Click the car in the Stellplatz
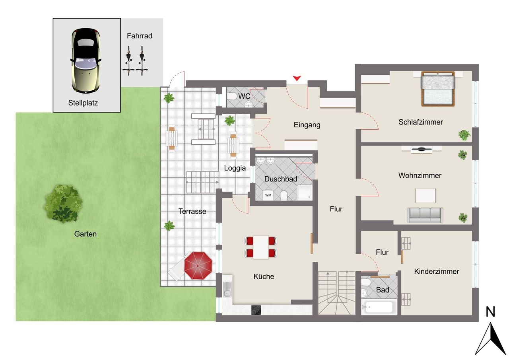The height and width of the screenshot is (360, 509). tap(85, 60)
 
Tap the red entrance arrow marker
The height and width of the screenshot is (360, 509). tap(297, 78)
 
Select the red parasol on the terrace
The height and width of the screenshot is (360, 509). tap(198, 265)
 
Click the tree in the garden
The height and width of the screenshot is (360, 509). tap(63, 203)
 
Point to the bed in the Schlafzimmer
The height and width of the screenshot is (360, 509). tap(438, 89)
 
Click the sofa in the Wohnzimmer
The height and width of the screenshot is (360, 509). tap(425, 215)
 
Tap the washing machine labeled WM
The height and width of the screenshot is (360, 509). tap(268, 195)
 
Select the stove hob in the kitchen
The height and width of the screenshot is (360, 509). tap(256, 310)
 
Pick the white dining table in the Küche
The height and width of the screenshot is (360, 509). tap(261, 247)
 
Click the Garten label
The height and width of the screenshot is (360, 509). tap(85, 234)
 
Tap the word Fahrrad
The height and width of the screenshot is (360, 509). tap(140, 36)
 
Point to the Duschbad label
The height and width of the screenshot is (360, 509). tap(281, 179)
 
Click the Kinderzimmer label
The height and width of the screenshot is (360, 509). tap(437, 271)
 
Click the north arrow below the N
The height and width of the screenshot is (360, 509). tap(490, 339)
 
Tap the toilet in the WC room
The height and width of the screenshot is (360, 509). tap(232, 96)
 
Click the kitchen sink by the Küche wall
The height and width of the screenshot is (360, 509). tap(227, 289)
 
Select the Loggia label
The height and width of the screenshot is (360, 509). tap(235, 168)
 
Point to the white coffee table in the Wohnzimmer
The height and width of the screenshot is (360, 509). tap(425, 195)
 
